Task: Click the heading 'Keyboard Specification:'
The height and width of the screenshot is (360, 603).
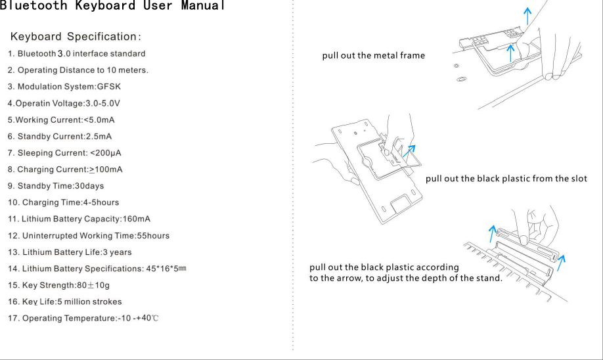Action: coord(76,35)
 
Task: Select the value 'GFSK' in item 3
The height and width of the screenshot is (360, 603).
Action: coord(109,87)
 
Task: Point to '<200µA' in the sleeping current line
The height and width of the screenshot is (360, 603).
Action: coord(106,153)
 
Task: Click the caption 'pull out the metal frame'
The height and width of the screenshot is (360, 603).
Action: coord(373,55)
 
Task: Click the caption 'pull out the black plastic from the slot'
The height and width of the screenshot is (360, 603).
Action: coord(506,179)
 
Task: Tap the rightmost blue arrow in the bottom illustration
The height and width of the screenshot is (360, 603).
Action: coord(561,259)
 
